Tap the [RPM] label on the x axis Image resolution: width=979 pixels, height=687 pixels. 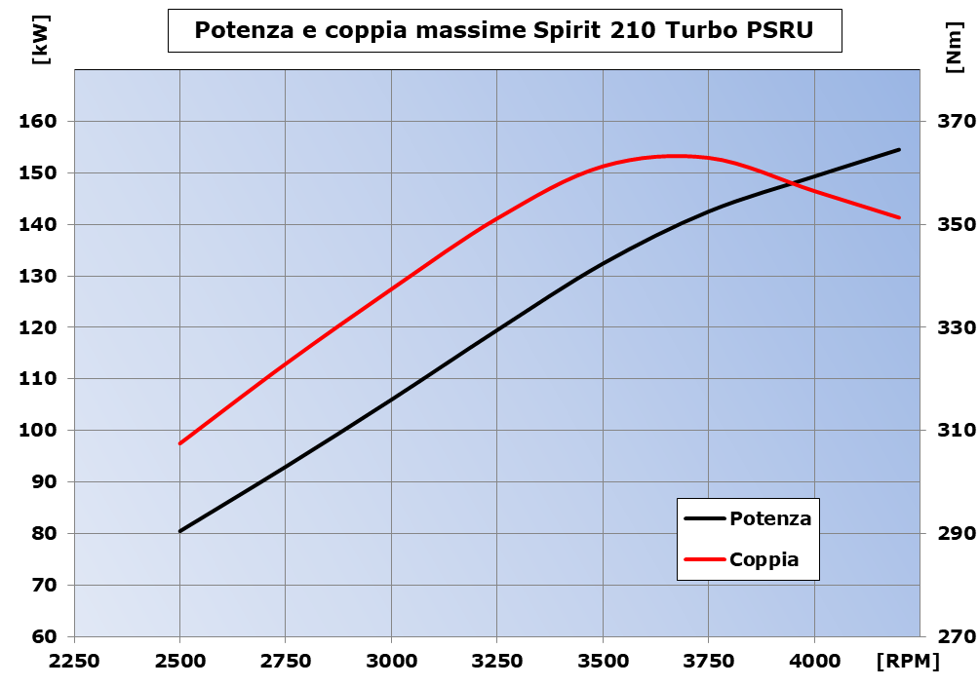click(x=908, y=662)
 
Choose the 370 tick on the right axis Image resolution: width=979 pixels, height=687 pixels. click(x=956, y=122)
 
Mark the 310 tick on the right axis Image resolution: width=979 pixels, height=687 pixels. click(x=956, y=431)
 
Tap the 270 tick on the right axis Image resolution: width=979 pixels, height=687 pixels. click(x=956, y=637)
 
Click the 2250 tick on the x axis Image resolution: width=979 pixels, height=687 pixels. click(x=74, y=662)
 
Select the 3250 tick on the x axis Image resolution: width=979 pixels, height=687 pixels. click(x=497, y=662)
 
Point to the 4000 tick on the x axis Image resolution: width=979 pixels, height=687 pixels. click(x=814, y=662)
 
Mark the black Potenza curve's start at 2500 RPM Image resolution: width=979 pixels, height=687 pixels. click(x=180, y=531)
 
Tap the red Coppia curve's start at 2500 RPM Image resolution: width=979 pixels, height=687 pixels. click(x=180, y=443)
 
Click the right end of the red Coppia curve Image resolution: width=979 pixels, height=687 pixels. click(x=899, y=217)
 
